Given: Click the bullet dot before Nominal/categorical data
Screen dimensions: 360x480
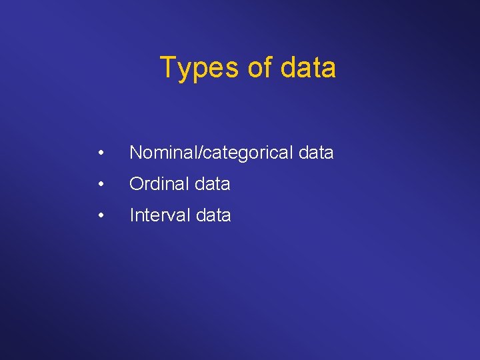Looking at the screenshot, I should click(x=100, y=153).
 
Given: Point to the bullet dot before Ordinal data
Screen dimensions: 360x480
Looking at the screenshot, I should click(x=100, y=184).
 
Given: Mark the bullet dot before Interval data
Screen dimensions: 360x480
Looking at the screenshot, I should click(x=100, y=215).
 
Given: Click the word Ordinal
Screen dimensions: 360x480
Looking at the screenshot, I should click(x=157, y=184).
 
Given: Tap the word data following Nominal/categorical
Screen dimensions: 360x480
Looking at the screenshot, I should click(x=316, y=153).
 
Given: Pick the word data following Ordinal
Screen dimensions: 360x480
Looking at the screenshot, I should click(x=213, y=184).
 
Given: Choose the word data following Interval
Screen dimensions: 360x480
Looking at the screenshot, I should click(x=213, y=215).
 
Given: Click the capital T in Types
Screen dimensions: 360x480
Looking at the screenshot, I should click(x=168, y=68).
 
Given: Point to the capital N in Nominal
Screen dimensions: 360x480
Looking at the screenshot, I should click(x=135, y=153).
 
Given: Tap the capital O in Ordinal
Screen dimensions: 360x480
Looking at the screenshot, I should click(x=136, y=184).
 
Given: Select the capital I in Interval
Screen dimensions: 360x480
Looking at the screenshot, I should click(x=131, y=215).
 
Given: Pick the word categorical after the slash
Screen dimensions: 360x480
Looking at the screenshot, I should click(x=242, y=153).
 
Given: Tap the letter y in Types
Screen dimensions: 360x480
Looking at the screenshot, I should click(x=183, y=71).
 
